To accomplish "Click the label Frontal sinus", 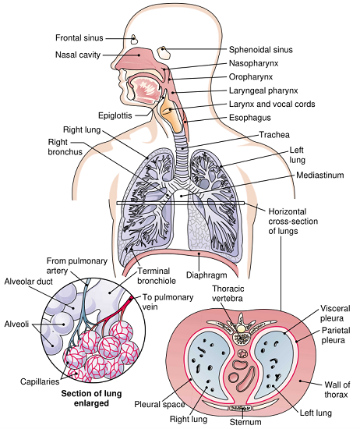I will (79, 37).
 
